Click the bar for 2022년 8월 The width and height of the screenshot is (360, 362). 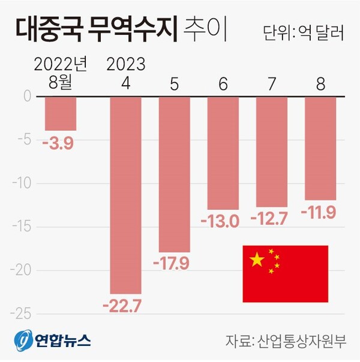[61, 113]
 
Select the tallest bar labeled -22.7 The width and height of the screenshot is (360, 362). [125, 195]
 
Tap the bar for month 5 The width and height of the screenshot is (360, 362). [174, 174]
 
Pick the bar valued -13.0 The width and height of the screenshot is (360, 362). [223, 153]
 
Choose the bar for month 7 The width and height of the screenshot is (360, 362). [272, 152]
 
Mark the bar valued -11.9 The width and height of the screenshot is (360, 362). [320, 148]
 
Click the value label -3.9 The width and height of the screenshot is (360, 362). [59, 143]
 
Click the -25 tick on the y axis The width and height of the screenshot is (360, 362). [22, 313]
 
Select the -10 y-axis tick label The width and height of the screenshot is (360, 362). [22, 183]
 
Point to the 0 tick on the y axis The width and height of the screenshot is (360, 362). [27, 96]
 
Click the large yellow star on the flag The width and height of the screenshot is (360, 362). [257, 260]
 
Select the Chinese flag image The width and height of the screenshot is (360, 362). [285, 274]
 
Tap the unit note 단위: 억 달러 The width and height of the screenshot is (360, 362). [303, 32]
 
